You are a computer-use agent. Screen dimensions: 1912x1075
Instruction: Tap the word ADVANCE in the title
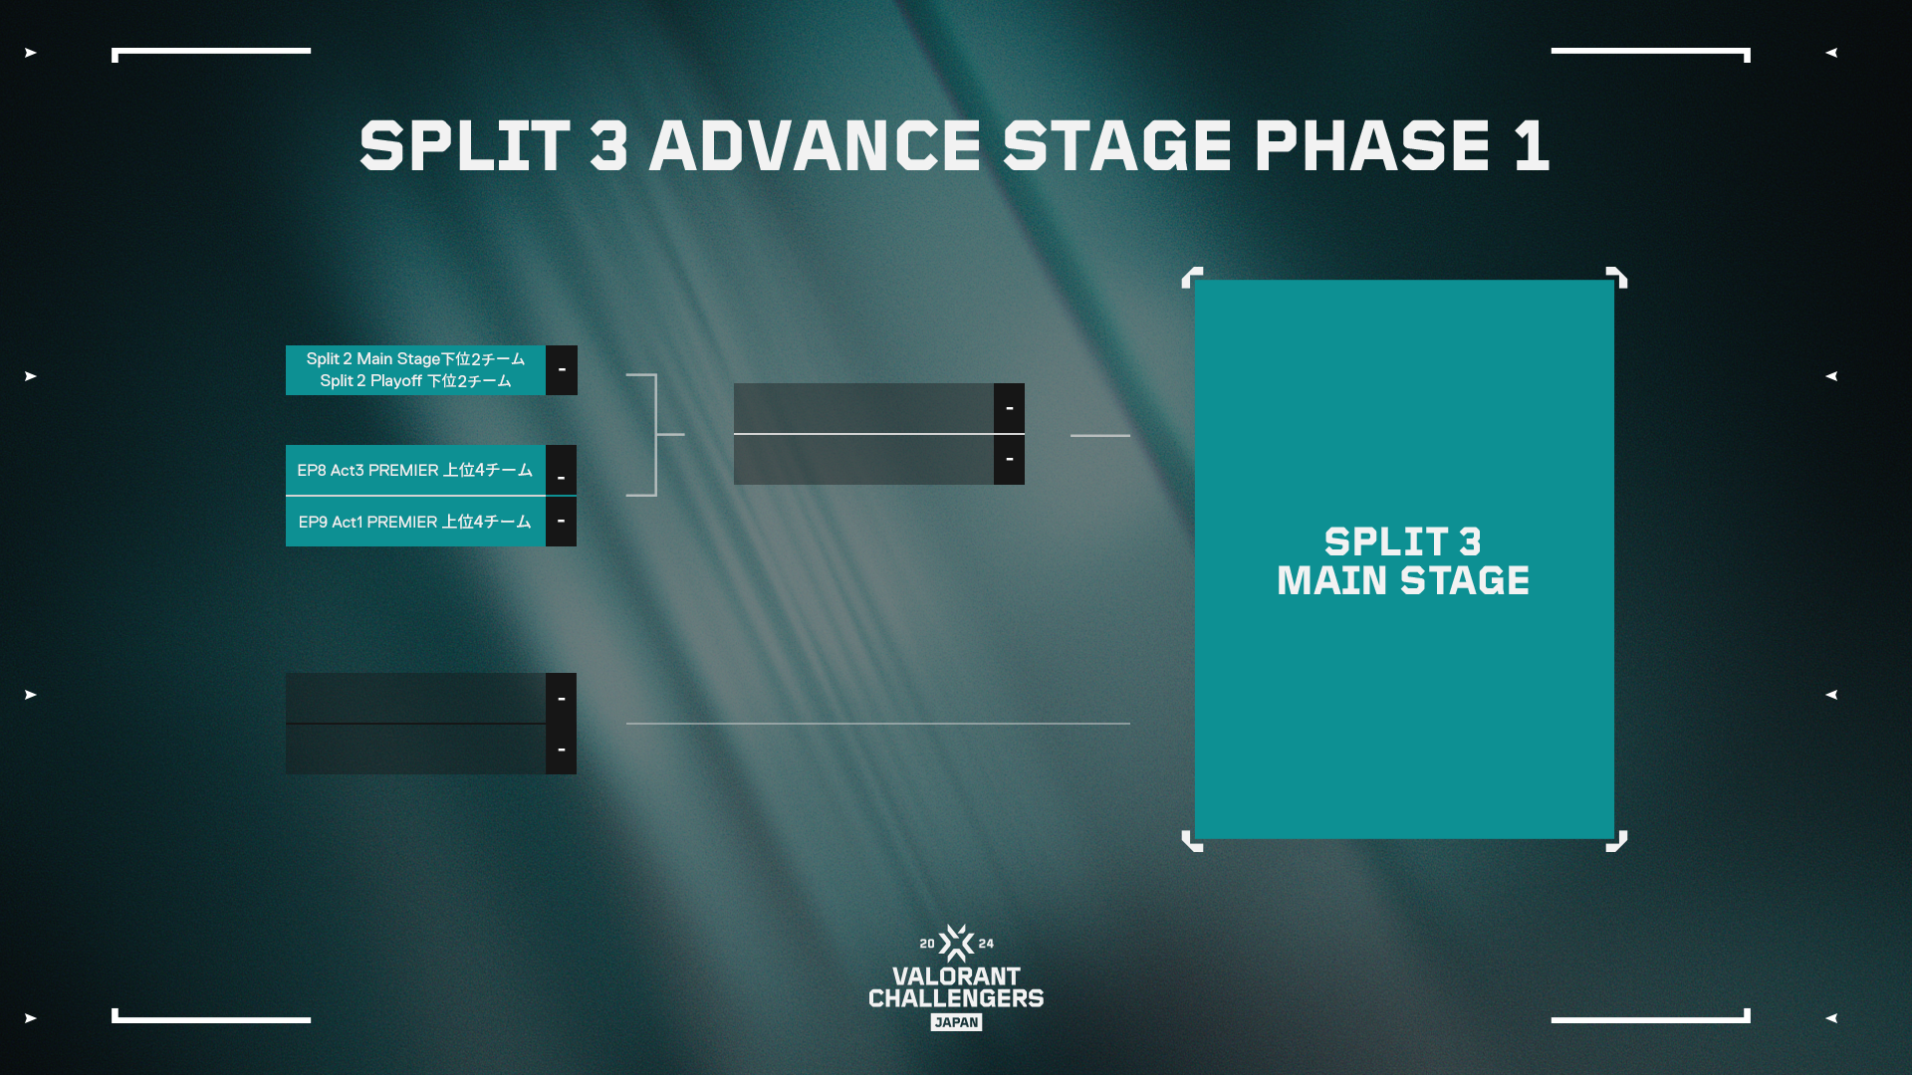coord(816,146)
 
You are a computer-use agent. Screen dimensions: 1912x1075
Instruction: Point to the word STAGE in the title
coord(1118,146)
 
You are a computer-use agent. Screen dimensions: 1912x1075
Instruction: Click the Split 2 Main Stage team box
coord(415,370)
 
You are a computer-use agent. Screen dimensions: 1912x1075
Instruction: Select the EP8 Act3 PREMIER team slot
coord(415,470)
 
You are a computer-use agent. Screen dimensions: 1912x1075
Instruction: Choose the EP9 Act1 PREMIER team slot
coord(415,522)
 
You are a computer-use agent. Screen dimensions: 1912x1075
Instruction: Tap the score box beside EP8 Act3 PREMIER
coord(562,470)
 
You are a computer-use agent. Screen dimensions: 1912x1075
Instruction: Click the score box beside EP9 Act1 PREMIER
coord(562,522)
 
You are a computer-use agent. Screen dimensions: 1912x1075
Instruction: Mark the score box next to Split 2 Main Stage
coord(562,370)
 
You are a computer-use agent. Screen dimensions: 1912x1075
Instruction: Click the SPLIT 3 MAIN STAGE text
coord(1403,561)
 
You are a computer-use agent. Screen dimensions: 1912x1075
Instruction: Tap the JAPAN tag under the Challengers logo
coord(956,1022)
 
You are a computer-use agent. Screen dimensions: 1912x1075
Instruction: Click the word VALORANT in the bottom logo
coord(956,976)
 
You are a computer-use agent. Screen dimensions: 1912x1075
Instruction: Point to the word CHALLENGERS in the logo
coord(956,998)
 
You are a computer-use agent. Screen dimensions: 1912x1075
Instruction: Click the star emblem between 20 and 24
coord(956,943)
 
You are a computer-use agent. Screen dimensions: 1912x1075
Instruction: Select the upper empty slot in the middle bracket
coord(863,408)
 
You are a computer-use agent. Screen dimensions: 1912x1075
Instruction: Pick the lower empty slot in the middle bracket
coord(863,460)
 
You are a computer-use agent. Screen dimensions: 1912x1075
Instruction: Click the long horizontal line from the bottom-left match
coord(878,724)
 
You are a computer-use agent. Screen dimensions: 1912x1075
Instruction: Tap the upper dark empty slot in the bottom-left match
coord(415,698)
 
